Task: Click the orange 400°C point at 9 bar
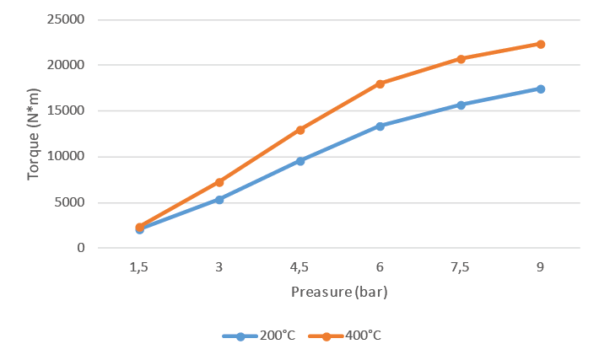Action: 541,44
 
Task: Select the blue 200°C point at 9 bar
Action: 541,89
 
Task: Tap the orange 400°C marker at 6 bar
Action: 380,83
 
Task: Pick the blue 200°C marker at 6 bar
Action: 380,126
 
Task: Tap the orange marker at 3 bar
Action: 219,182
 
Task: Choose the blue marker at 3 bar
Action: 219,200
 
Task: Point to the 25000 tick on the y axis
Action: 67,19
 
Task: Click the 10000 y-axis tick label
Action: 67,157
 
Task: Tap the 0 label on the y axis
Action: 81,248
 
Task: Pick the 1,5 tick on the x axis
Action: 139,267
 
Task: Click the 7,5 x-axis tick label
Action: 461,267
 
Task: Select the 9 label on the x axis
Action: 541,267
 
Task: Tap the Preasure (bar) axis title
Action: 339,293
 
